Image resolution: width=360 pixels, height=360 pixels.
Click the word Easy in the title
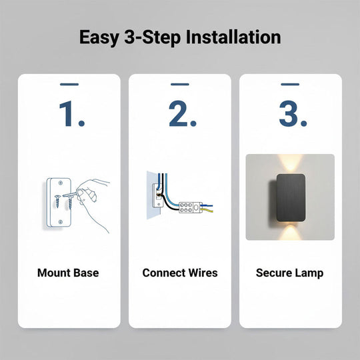click(99, 37)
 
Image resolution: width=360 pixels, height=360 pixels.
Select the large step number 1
click(72, 114)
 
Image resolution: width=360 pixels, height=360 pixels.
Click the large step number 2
click(183, 114)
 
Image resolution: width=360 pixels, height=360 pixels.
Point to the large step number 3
click(293, 114)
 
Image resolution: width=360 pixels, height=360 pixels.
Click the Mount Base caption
click(68, 273)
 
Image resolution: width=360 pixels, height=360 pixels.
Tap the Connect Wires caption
click(180, 273)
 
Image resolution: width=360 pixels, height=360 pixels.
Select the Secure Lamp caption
click(290, 273)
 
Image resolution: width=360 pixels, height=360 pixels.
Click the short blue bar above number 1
click(69, 84)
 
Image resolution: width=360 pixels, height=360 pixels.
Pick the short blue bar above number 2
click(180, 84)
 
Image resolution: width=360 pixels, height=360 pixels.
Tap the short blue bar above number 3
click(290, 84)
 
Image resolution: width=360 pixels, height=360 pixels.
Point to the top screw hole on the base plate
click(61, 183)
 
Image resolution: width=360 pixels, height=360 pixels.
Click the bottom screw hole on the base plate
click(61, 222)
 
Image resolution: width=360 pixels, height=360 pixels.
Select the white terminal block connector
click(191, 207)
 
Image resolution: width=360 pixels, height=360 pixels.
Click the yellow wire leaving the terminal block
click(207, 210)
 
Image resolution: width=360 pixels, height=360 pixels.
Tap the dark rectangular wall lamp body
click(291, 198)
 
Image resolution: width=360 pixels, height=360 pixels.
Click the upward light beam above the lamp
click(290, 163)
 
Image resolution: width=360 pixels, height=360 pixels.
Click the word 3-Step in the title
click(153, 37)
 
